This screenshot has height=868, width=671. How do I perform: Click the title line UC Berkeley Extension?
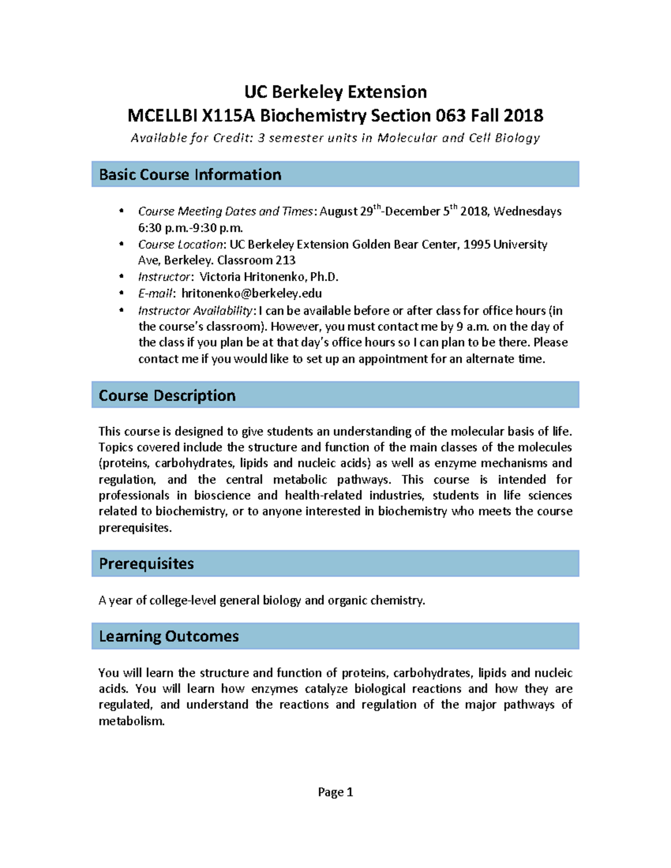[x=335, y=92]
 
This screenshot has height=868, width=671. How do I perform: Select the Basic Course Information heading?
[x=190, y=174]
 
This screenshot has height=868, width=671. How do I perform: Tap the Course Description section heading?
[x=167, y=396]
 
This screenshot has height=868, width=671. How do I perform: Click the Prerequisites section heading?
[x=147, y=563]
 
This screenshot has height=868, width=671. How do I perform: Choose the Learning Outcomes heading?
[x=169, y=636]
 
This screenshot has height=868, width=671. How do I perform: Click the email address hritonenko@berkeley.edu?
[x=252, y=293]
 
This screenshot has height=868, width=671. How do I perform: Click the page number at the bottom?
[x=335, y=792]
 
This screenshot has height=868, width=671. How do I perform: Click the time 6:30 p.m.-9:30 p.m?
[x=191, y=228]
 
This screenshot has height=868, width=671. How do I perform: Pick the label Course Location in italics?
[x=181, y=245]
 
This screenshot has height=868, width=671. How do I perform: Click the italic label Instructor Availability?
[x=195, y=311]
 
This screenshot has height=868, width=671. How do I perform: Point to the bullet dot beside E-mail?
[x=121, y=293]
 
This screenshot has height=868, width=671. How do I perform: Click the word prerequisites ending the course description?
[x=134, y=528]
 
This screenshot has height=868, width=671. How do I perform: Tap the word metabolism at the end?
[x=131, y=721]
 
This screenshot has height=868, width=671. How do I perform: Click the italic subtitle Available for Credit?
[x=192, y=138]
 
